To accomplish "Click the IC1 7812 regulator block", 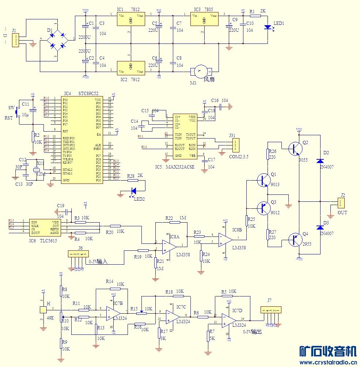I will tap(130, 19).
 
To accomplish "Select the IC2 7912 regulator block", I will tap(130, 68).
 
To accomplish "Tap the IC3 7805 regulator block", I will tap(204, 19).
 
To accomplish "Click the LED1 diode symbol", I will tap(268, 27).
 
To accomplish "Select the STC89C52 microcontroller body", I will tap(82, 140).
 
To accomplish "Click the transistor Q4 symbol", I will tap(294, 240).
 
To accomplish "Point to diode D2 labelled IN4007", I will tap(320, 161).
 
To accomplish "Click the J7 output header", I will tap(271, 310).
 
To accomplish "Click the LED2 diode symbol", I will tap(133, 190).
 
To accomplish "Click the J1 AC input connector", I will tap(15, 40).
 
